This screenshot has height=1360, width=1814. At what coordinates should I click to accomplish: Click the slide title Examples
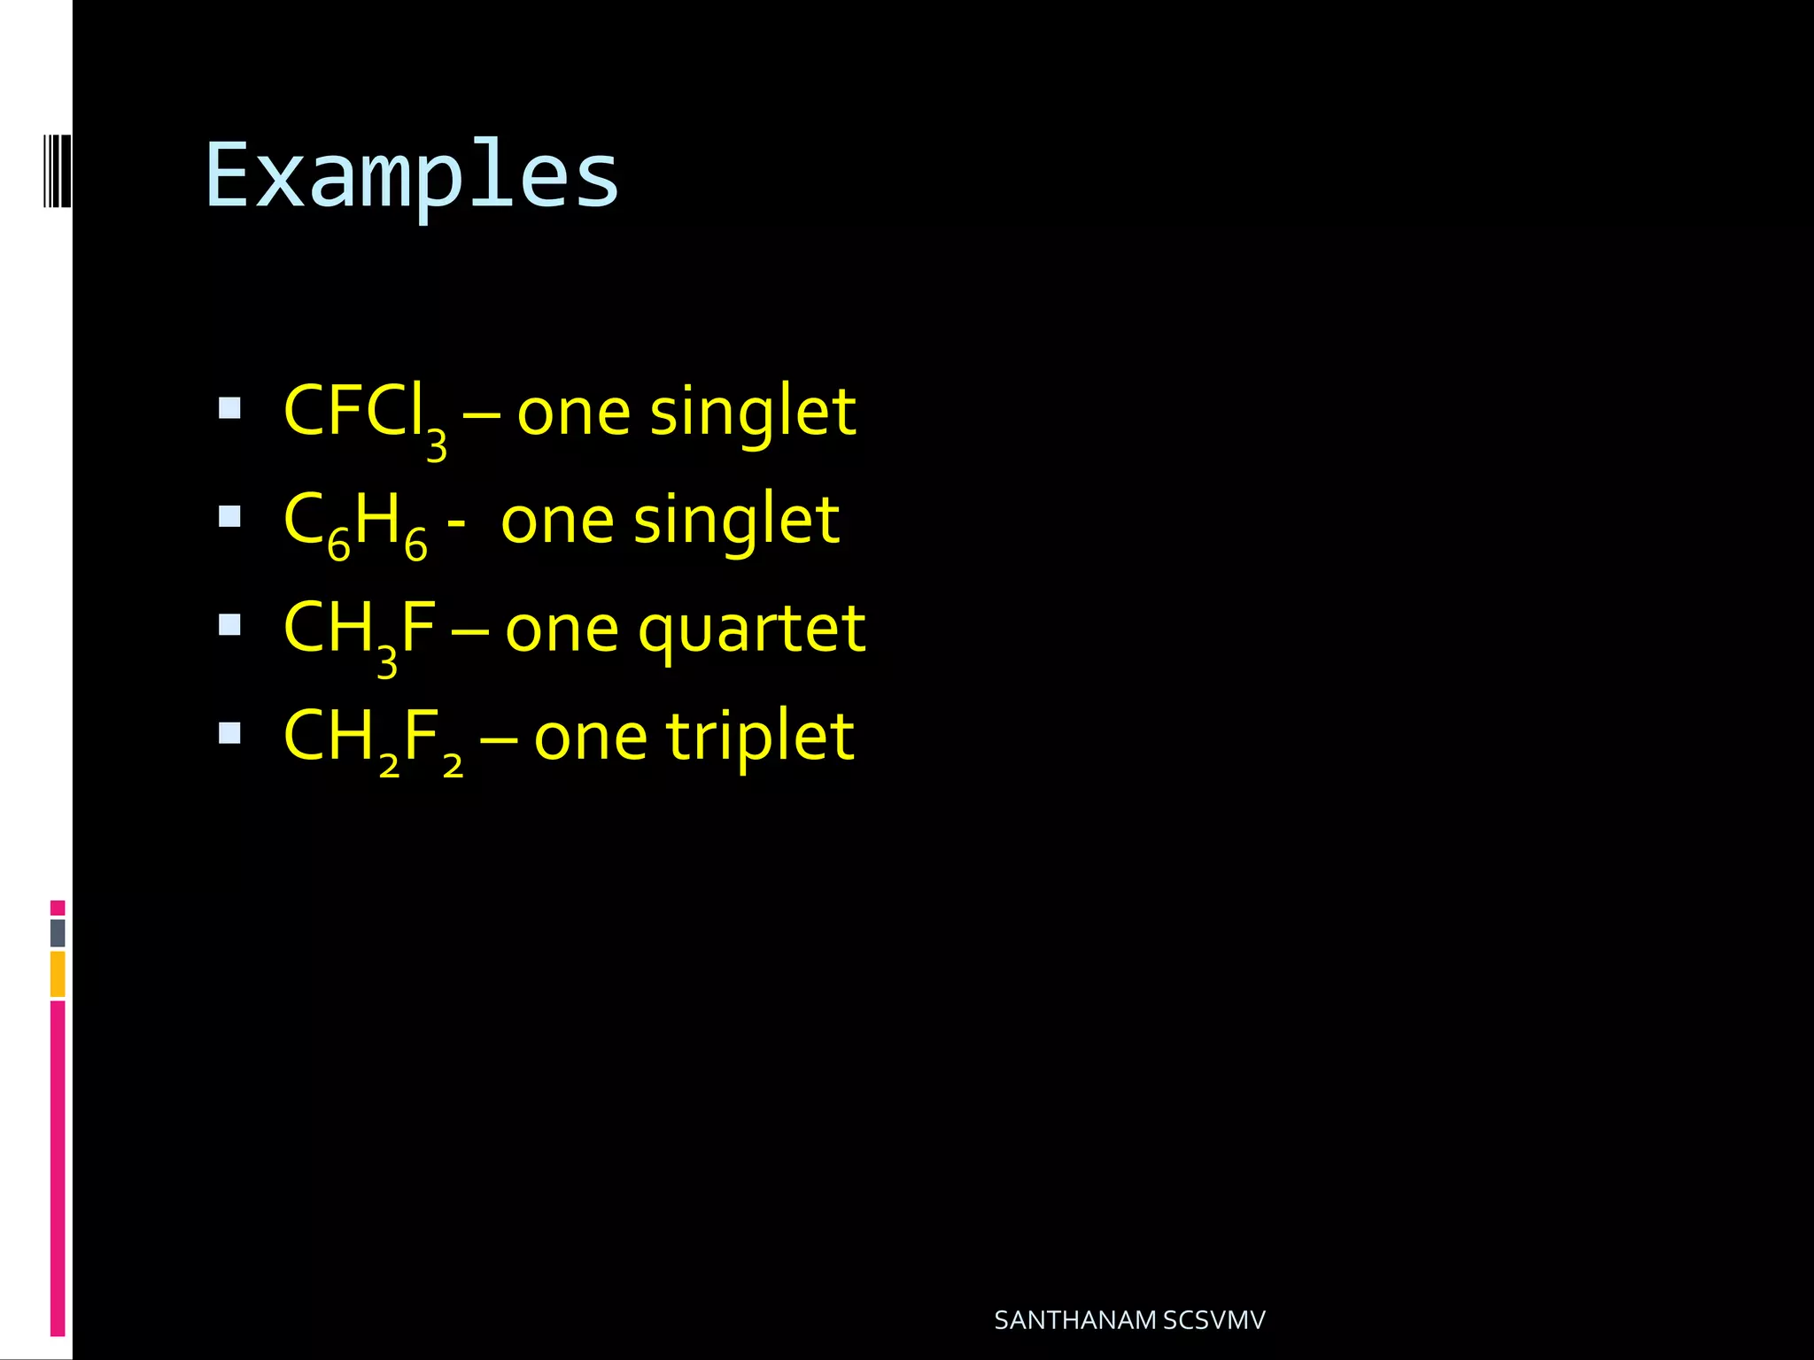point(412,177)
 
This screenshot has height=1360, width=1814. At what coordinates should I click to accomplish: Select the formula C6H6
point(355,522)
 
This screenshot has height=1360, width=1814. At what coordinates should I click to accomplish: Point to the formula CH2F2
point(373,739)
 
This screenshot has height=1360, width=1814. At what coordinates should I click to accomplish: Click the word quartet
point(751,631)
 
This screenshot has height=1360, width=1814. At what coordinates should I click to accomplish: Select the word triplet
point(760,739)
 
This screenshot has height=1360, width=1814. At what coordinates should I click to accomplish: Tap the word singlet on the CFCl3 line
point(753,414)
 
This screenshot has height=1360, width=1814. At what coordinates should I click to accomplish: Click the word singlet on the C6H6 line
point(736,522)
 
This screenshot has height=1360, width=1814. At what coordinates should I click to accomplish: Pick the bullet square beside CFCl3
point(229,408)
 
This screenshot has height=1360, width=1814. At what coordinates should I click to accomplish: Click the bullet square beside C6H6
point(229,516)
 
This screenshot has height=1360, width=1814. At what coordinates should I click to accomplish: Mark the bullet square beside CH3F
point(229,625)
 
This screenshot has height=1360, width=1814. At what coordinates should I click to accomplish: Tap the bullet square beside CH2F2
point(229,733)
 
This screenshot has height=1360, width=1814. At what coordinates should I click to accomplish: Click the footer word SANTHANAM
point(1074,1320)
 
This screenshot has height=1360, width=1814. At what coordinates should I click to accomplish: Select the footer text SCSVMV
point(1214,1320)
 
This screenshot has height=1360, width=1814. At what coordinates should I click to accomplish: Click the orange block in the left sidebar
point(58,974)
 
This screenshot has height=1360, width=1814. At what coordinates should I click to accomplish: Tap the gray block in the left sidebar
point(58,932)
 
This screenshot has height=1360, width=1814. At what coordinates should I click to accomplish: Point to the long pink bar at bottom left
point(58,1169)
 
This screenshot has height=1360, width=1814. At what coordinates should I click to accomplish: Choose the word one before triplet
point(591,739)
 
